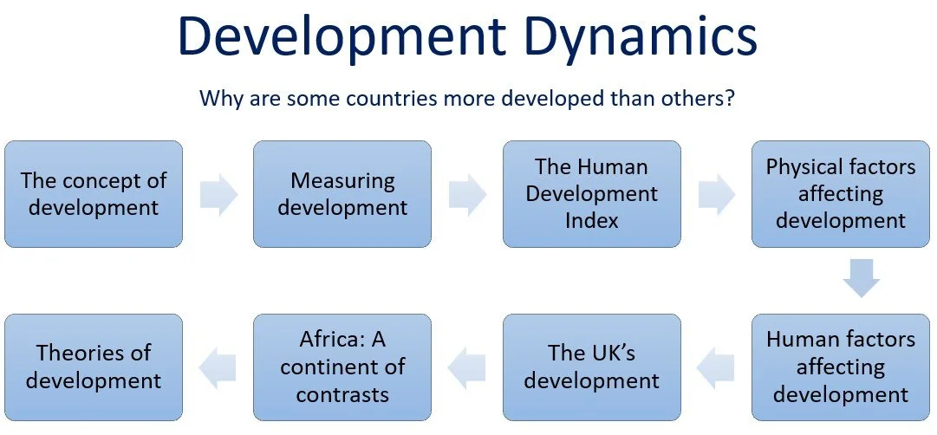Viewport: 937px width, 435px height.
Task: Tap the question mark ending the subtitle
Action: click(x=731, y=97)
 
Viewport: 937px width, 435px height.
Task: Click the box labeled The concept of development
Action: click(x=94, y=194)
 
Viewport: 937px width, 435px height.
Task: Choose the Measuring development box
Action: click(x=342, y=194)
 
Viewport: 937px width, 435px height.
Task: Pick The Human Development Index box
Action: click(x=592, y=194)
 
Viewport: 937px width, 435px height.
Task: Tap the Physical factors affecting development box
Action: click(x=841, y=194)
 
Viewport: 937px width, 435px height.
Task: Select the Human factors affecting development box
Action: click(x=841, y=367)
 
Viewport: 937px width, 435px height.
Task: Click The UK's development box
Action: click(x=592, y=367)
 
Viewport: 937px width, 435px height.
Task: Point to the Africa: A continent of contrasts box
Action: click(x=342, y=367)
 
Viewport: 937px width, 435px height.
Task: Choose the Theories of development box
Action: click(x=94, y=367)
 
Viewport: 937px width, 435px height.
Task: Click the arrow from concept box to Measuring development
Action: click(x=218, y=194)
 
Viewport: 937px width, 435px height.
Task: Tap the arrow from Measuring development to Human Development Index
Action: click(x=467, y=194)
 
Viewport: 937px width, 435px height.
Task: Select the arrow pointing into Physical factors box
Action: click(x=717, y=194)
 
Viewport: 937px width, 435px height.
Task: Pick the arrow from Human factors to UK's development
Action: click(x=716, y=367)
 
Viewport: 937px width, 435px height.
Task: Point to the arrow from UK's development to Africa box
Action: click(x=467, y=367)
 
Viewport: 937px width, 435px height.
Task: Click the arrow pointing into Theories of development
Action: click(x=218, y=367)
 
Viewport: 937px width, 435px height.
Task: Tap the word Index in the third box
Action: click(x=592, y=220)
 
